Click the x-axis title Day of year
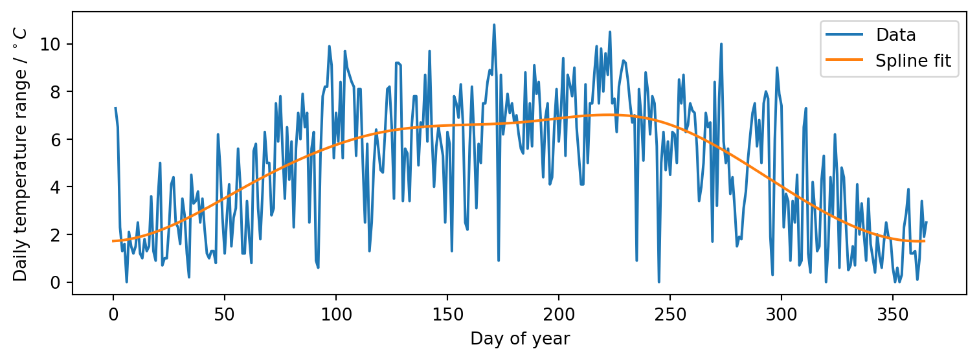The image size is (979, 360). coord(520,339)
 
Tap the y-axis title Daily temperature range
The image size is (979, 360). coord(20,154)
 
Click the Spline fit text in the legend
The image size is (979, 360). coord(913,61)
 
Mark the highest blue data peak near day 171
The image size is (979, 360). coord(494,25)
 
